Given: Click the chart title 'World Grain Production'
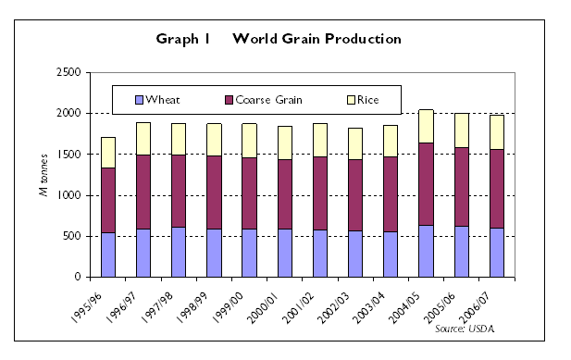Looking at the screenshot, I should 317,39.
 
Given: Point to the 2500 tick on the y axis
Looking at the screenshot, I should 68,72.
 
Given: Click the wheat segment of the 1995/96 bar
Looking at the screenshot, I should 109,254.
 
